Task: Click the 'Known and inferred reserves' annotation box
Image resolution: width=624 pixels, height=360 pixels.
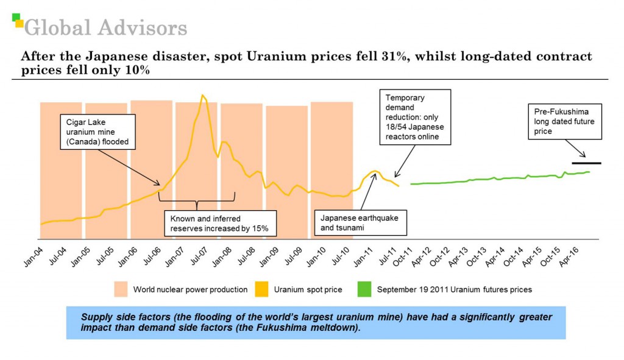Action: [x=220, y=224]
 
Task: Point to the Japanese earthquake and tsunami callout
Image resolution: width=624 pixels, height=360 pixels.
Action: [x=361, y=222]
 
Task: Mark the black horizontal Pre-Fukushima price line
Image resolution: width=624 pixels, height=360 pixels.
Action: [x=586, y=163]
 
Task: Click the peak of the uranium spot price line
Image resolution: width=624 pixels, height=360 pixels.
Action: [x=203, y=96]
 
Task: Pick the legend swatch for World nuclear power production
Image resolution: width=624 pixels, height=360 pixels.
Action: [x=120, y=289]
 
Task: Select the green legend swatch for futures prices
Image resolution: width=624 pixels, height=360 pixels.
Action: [x=364, y=289]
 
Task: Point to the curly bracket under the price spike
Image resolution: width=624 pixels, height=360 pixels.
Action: [x=196, y=199]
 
